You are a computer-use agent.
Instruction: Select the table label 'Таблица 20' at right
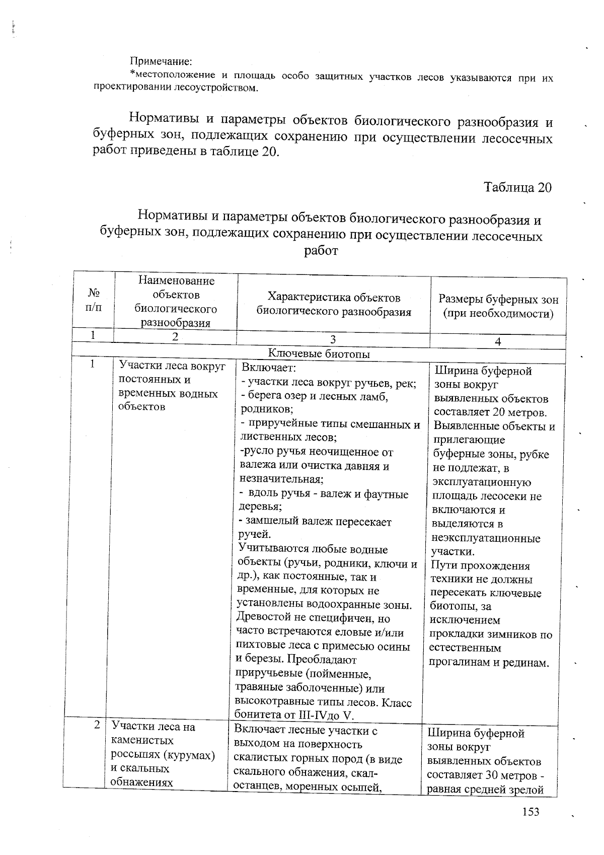(517, 187)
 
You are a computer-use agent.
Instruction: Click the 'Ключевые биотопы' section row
(320, 354)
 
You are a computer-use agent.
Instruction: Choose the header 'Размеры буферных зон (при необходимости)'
(498, 306)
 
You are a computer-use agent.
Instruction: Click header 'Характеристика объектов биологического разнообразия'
(334, 304)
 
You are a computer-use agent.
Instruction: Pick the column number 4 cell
(498, 341)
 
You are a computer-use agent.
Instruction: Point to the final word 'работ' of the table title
(320, 250)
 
